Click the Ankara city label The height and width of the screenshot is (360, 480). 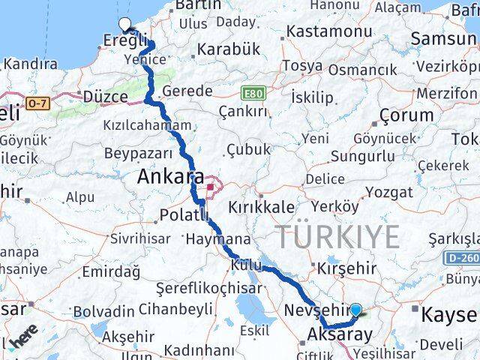(x=171, y=177)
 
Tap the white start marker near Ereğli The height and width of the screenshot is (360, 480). (x=124, y=23)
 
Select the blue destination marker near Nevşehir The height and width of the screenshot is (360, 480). (x=355, y=309)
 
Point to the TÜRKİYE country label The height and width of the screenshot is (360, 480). (x=339, y=237)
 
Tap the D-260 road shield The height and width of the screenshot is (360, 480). (x=462, y=258)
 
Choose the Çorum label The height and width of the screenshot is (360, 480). (x=406, y=115)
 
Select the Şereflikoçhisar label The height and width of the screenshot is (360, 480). (x=209, y=288)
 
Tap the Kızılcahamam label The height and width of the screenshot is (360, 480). (x=148, y=125)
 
